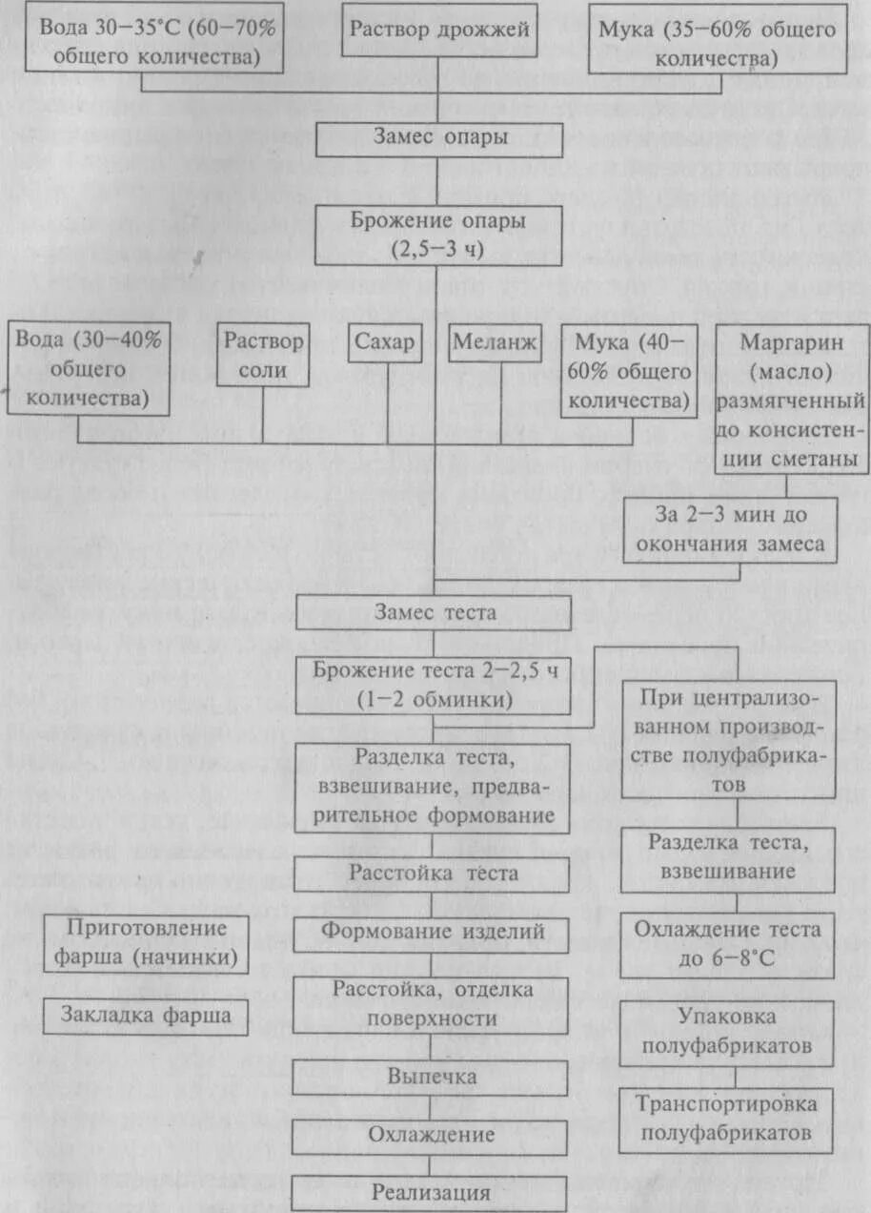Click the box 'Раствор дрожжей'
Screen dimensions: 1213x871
pyautogui.click(x=438, y=30)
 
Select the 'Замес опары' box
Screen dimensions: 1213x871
pyautogui.click(x=438, y=137)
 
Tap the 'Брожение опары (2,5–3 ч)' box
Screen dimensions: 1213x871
pyautogui.click(x=438, y=235)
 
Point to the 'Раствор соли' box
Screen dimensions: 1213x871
pyautogui.click(x=264, y=356)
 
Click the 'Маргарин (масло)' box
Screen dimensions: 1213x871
pyautogui.click(x=792, y=399)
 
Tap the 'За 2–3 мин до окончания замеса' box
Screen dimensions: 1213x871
pyautogui.click(x=731, y=531)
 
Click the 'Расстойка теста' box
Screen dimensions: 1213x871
pyautogui.click(x=433, y=873)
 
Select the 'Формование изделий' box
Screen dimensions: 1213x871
pyautogui.click(x=433, y=930)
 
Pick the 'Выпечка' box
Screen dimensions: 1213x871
pyautogui.click(x=432, y=1076)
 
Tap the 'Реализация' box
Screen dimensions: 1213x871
pyautogui.click(x=432, y=1192)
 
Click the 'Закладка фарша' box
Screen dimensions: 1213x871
pyautogui.click(x=146, y=1016)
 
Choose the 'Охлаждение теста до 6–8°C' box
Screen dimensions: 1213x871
pyautogui.click(x=727, y=941)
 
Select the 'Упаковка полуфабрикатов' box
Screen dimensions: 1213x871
pyautogui.click(x=727, y=1032)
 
